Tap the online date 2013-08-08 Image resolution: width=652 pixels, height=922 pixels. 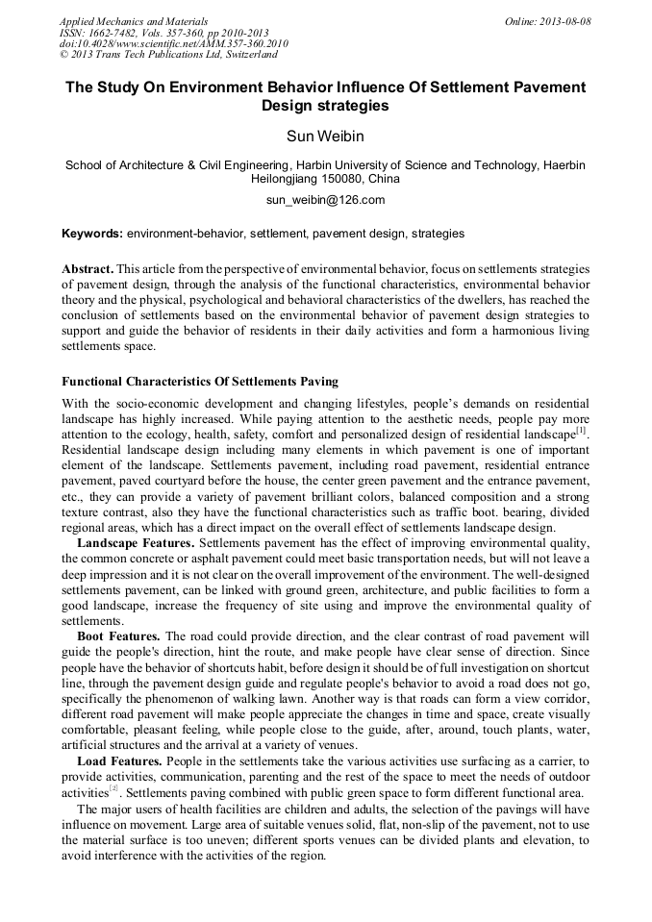(x=567, y=21)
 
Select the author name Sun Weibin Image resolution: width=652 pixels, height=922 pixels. (x=325, y=136)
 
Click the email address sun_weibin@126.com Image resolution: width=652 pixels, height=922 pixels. (x=325, y=200)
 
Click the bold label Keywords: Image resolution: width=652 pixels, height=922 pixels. (x=91, y=234)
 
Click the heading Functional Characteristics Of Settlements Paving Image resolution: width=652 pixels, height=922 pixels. (x=199, y=382)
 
